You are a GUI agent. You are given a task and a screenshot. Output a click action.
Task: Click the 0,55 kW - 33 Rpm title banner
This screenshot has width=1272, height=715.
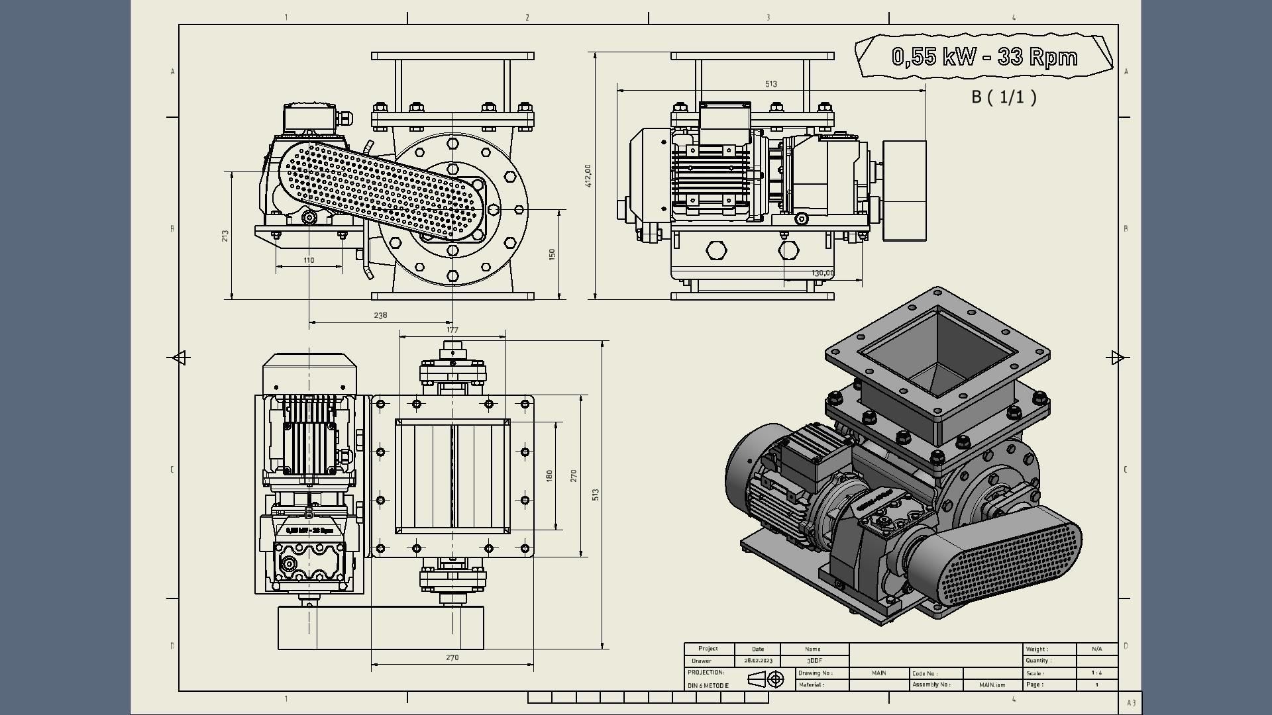click(x=984, y=57)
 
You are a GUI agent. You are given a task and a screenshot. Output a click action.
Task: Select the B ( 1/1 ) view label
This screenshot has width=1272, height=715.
click(x=1004, y=97)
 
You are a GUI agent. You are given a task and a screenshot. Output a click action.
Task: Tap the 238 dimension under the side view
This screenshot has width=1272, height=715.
click(x=380, y=315)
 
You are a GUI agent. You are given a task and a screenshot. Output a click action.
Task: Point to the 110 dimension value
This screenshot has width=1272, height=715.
click(x=309, y=260)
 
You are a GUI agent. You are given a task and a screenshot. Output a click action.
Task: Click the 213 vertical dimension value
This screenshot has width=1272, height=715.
click(x=225, y=236)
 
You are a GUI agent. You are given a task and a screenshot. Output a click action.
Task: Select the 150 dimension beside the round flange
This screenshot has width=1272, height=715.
click(x=552, y=254)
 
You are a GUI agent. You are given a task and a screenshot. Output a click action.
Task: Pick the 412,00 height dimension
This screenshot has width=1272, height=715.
click(x=588, y=176)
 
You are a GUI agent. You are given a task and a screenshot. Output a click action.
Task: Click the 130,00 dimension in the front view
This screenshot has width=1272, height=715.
click(x=823, y=273)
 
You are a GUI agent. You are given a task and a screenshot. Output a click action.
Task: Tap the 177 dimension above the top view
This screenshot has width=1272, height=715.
click(x=452, y=330)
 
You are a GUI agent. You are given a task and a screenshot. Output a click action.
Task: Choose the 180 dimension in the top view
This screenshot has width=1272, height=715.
click(x=549, y=475)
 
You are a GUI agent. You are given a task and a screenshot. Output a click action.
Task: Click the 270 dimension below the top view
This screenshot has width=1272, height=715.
click(x=452, y=657)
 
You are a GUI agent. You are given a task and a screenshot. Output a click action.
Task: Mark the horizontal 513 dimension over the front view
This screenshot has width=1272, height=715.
click(x=771, y=84)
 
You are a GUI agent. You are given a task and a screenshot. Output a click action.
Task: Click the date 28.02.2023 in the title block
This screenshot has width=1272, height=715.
click(x=758, y=661)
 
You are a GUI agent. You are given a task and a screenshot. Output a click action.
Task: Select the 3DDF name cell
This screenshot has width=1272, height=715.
click(x=814, y=661)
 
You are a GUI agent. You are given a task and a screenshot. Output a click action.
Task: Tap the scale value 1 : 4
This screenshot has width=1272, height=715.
click(x=1096, y=673)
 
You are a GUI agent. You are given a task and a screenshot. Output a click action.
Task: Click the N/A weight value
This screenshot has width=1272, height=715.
click(x=1096, y=649)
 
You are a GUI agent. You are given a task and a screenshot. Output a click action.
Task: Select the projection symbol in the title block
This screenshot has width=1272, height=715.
click(x=766, y=679)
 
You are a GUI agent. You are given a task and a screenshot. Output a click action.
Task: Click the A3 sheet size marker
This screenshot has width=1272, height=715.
click(x=1131, y=703)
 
